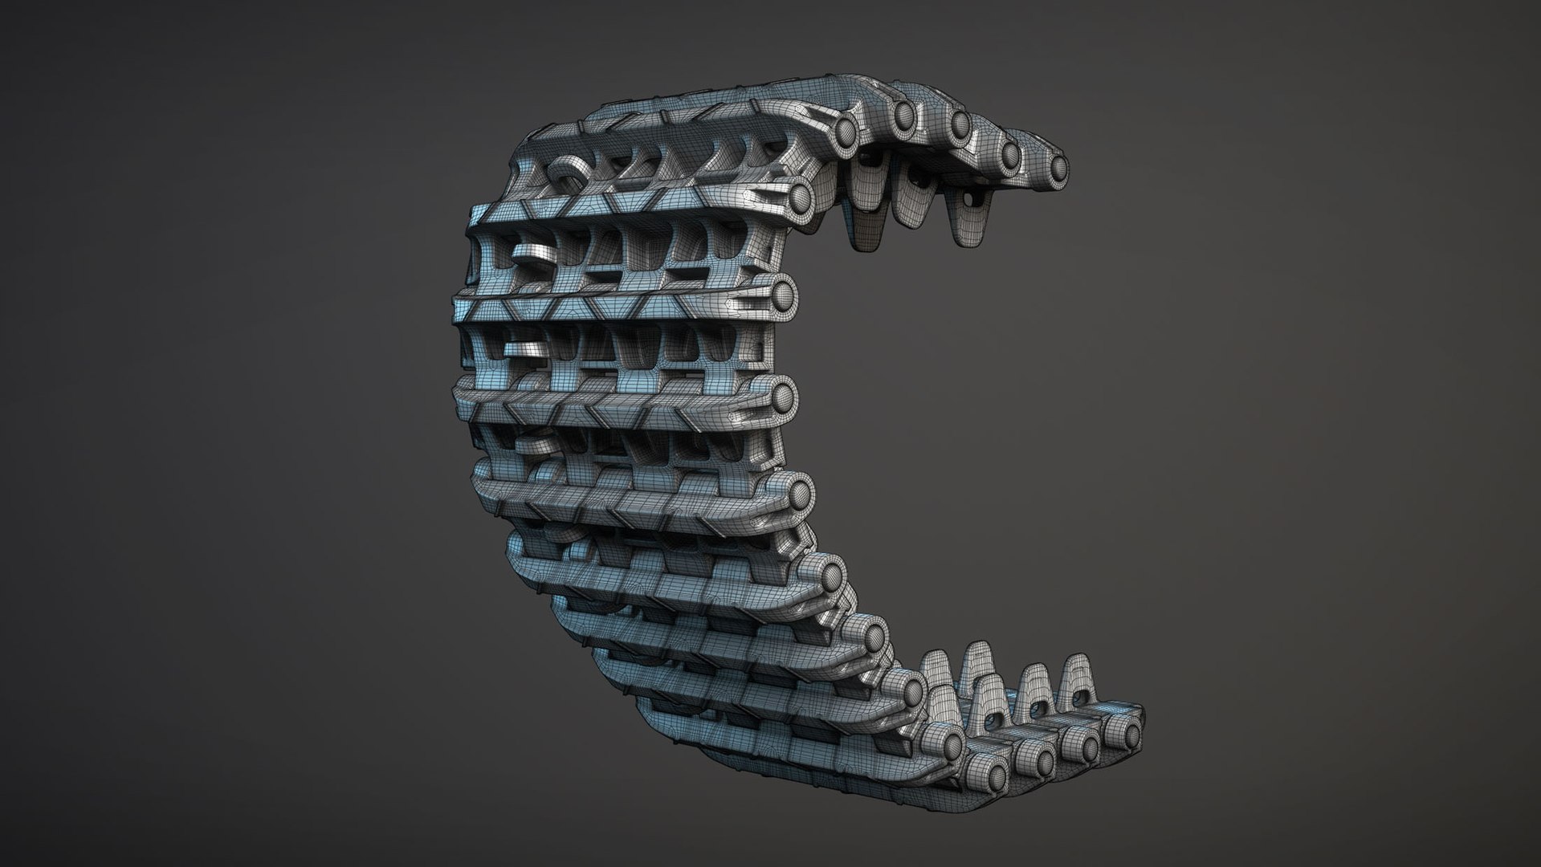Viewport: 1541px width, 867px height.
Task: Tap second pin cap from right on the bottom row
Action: click(1087, 746)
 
